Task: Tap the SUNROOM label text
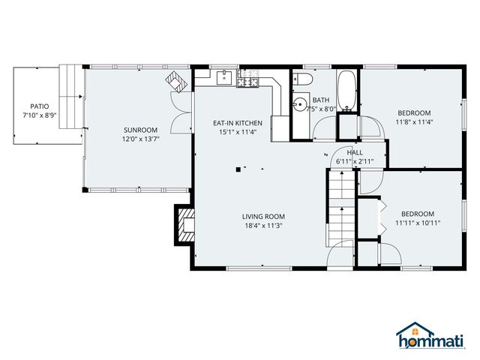point(141,130)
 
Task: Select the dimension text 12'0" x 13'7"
point(141,139)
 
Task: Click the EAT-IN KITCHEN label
point(237,122)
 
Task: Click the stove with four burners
point(248,79)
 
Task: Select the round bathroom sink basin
point(300,104)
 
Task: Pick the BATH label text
point(321,100)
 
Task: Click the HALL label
point(355,152)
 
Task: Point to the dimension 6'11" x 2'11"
point(355,161)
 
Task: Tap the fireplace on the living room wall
point(184,224)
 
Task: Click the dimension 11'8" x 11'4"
point(415,121)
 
